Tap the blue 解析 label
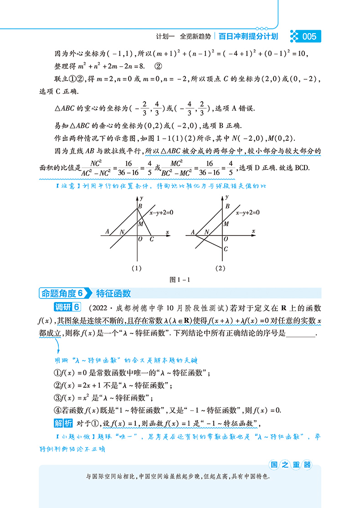[63, 423]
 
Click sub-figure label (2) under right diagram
[221, 268]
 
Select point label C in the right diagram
[226, 249]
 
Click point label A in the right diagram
[192, 231]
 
